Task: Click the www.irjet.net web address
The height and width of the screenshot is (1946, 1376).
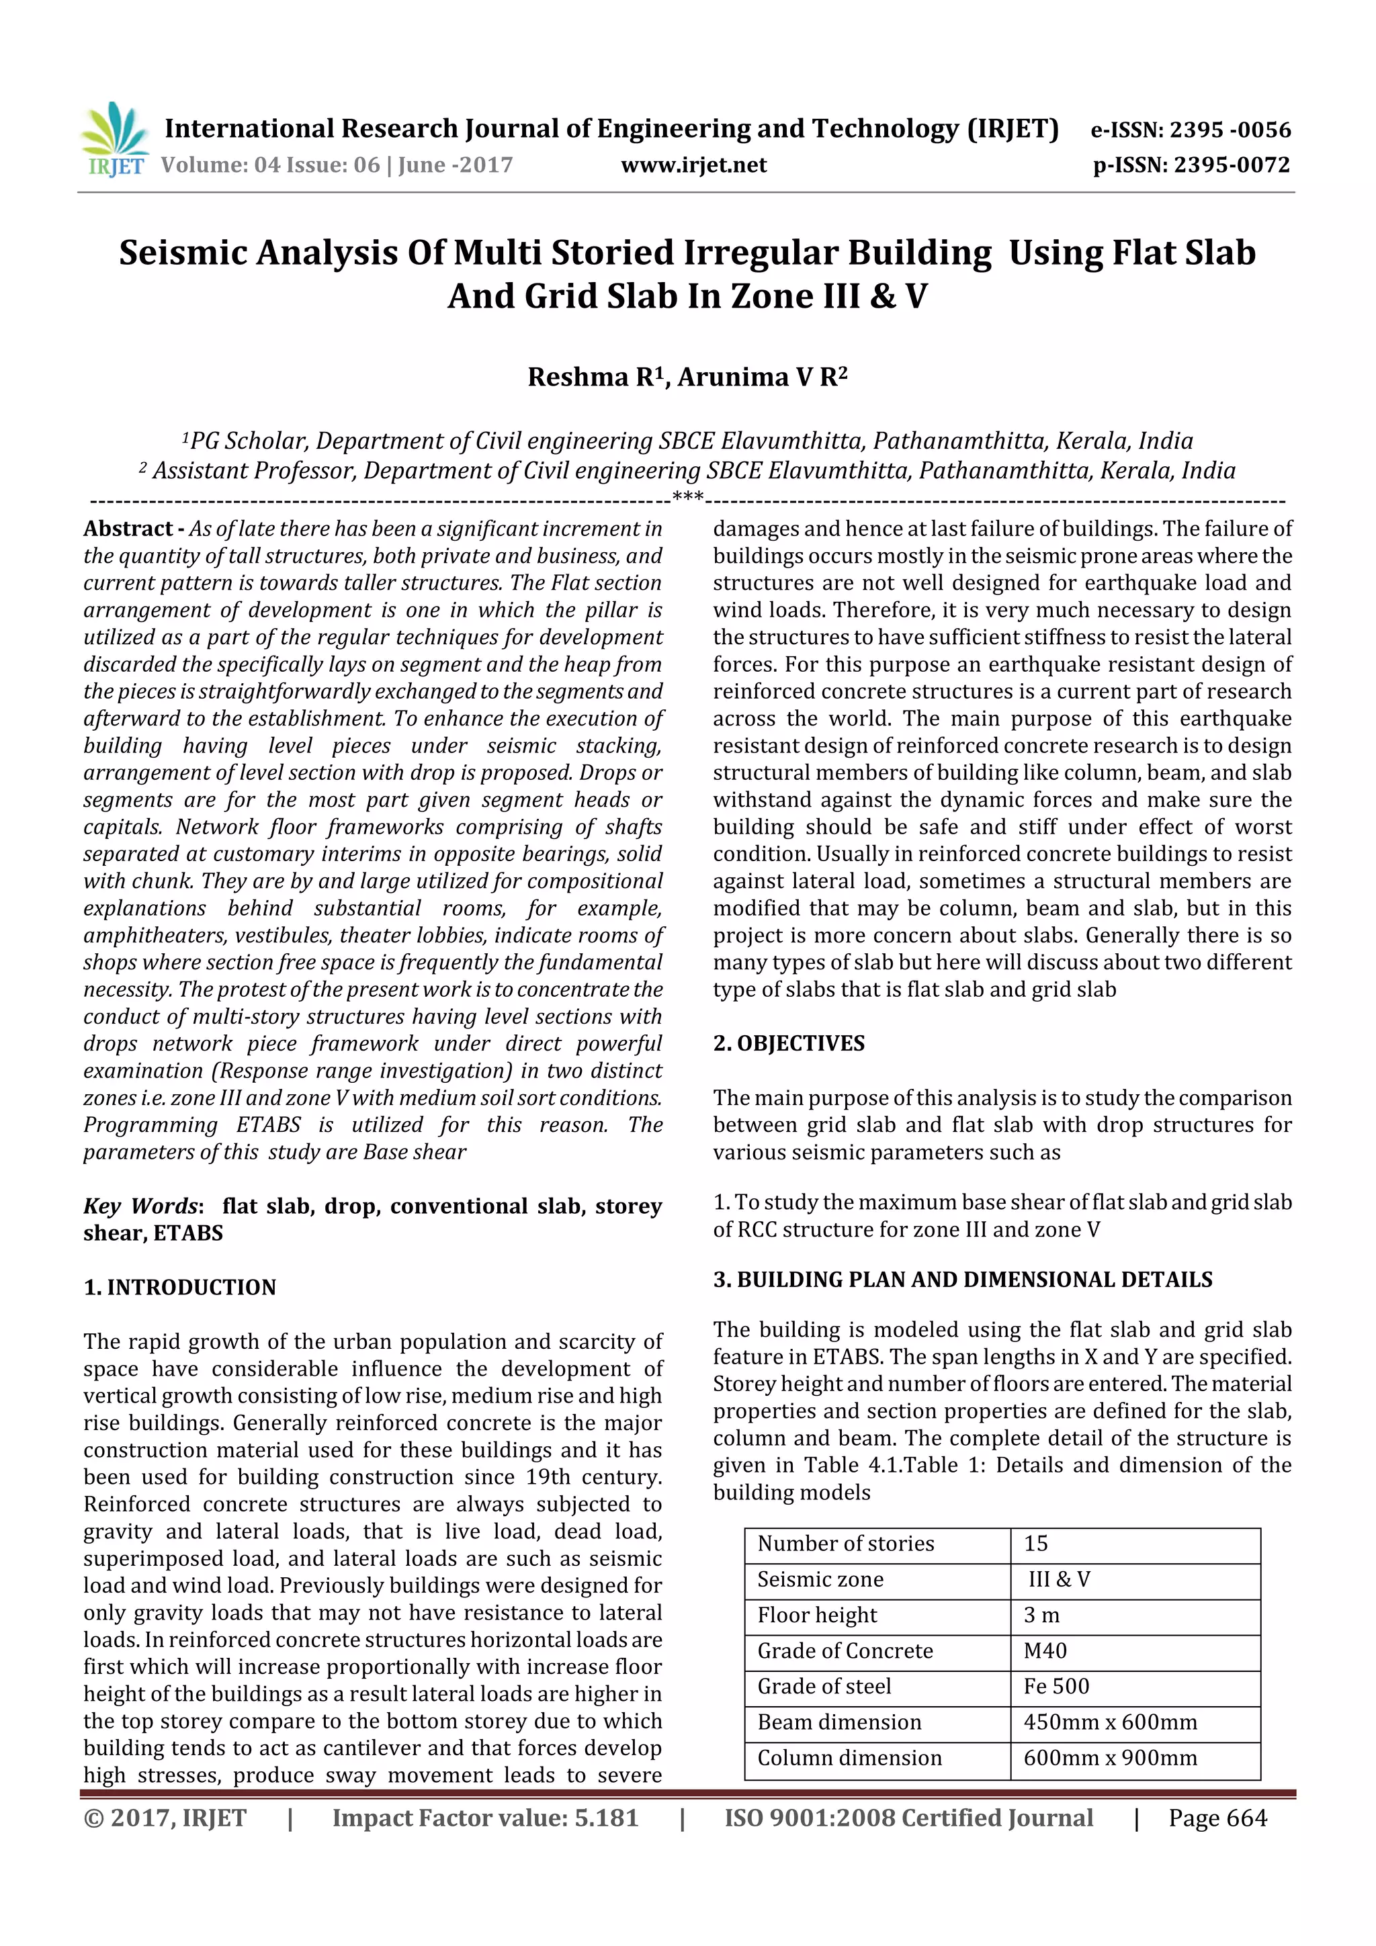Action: click(x=693, y=165)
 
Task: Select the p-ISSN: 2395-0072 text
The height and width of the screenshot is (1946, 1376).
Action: click(x=1191, y=165)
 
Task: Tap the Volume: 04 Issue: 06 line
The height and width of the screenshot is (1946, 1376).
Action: click(x=337, y=165)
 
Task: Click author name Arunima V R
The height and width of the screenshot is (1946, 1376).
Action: click(x=761, y=377)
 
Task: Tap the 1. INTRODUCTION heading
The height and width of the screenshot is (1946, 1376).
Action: click(x=180, y=1288)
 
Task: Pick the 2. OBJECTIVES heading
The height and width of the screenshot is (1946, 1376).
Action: click(x=789, y=1043)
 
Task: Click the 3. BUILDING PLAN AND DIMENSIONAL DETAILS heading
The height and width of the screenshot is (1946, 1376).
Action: click(x=962, y=1280)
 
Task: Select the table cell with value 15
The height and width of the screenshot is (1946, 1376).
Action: click(x=1036, y=1544)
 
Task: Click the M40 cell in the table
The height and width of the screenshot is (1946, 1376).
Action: click(x=1045, y=1651)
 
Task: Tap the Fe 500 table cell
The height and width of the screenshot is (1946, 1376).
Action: click(x=1056, y=1687)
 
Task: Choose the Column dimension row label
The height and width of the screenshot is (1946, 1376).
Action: click(x=849, y=1759)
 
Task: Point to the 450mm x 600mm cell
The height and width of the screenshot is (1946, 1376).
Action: click(x=1110, y=1723)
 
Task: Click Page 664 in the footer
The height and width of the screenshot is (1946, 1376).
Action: click(x=1217, y=1818)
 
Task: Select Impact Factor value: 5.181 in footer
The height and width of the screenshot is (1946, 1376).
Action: click(x=485, y=1818)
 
